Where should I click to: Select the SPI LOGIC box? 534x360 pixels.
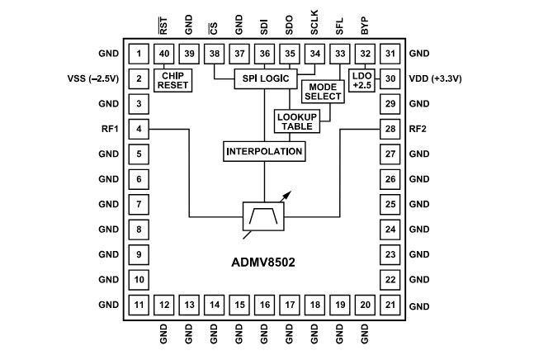(x=263, y=78)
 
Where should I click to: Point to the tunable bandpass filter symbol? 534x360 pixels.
(x=263, y=217)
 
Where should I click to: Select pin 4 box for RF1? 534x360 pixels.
(x=139, y=129)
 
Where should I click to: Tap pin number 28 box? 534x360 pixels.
(x=390, y=129)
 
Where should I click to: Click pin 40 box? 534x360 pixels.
(x=164, y=54)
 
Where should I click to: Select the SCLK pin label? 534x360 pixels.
(x=315, y=24)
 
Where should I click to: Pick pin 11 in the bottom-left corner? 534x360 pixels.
(x=139, y=306)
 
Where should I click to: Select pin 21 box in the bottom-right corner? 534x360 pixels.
(x=390, y=306)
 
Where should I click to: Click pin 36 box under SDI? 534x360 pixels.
(x=264, y=54)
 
